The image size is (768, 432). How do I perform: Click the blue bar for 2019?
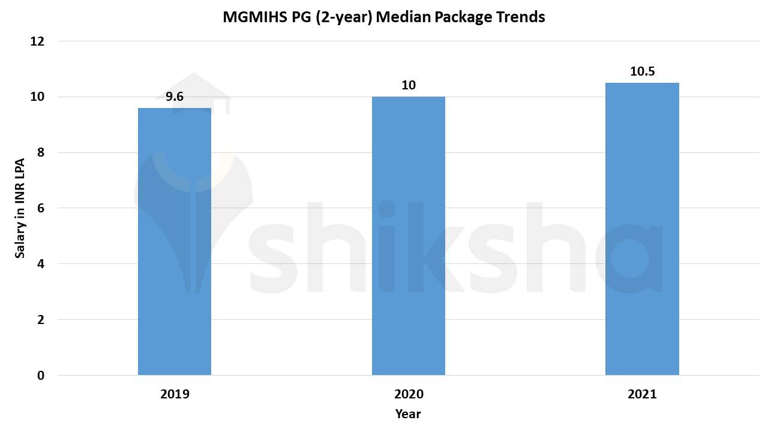coord(175,241)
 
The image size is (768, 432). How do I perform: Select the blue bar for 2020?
coord(409,235)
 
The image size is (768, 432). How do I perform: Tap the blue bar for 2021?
coord(642,229)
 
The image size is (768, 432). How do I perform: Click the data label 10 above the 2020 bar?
coord(409,85)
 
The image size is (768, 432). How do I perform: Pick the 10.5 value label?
coord(642,71)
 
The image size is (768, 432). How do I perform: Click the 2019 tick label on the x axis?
coord(175,394)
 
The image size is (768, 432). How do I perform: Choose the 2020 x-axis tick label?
coord(409,394)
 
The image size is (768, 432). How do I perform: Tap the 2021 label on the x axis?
coord(642,394)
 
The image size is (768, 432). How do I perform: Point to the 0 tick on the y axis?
coord(40,376)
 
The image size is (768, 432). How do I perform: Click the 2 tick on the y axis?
coord(40,320)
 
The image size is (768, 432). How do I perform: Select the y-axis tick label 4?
coord(40,264)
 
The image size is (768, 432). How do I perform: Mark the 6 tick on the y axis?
coord(40,208)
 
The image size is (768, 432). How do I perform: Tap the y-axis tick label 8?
coord(40,152)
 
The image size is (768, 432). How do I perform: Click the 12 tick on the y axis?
coord(37,41)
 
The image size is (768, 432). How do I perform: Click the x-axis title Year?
coord(408,414)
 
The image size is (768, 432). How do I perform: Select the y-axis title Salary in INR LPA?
coord(20,208)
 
